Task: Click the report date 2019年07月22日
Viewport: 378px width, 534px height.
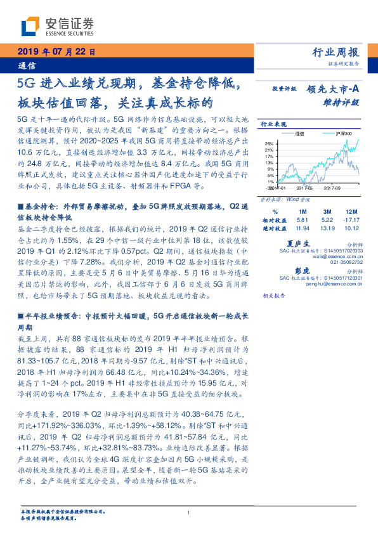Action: point(55,52)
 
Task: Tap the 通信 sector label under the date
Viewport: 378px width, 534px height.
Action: point(27,65)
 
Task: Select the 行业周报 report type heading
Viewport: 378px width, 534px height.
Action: point(337,53)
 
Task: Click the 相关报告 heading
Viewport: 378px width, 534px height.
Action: point(274,296)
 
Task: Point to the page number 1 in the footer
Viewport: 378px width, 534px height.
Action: point(189,512)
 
